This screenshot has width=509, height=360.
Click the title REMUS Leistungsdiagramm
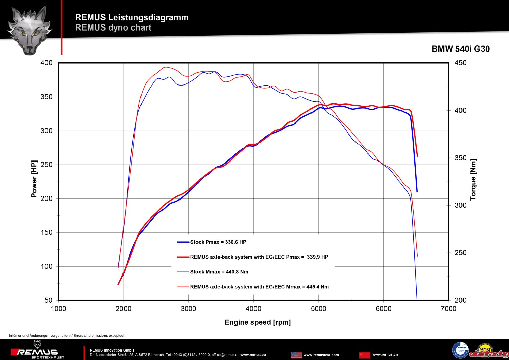click(x=132, y=17)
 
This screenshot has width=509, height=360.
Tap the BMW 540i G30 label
click(x=460, y=49)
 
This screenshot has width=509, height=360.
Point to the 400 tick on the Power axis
click(x=46, y=63)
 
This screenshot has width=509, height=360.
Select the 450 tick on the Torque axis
click(x=460, y=63)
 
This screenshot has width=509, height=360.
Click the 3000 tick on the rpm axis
click(x=188, y=309)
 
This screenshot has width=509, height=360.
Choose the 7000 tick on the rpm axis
click(x=448, y=309)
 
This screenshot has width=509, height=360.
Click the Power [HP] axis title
click(x=34, y=179)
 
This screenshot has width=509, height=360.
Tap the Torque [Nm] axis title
click(x=473, y=179)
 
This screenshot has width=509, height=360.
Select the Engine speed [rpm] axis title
click(x=258, y=322)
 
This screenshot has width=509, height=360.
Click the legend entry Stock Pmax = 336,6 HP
click(x=218, y=242)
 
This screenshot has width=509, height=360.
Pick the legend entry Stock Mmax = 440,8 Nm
click(x=219, y=272)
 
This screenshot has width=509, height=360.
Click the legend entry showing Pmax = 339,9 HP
click(x=259, y=257)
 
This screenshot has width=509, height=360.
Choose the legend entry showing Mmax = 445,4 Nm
click(x=259, y=287)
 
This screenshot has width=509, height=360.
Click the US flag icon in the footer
click(x=297, y=355)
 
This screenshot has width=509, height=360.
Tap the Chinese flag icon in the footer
click(x=364, y=355)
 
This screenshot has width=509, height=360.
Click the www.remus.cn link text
click(x=385, y=355)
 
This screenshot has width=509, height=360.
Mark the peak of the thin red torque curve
click(x=165, y=67)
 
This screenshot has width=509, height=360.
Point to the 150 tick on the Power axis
click(x=46, y=232)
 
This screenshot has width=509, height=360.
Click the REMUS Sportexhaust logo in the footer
click(x=37, y=353)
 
